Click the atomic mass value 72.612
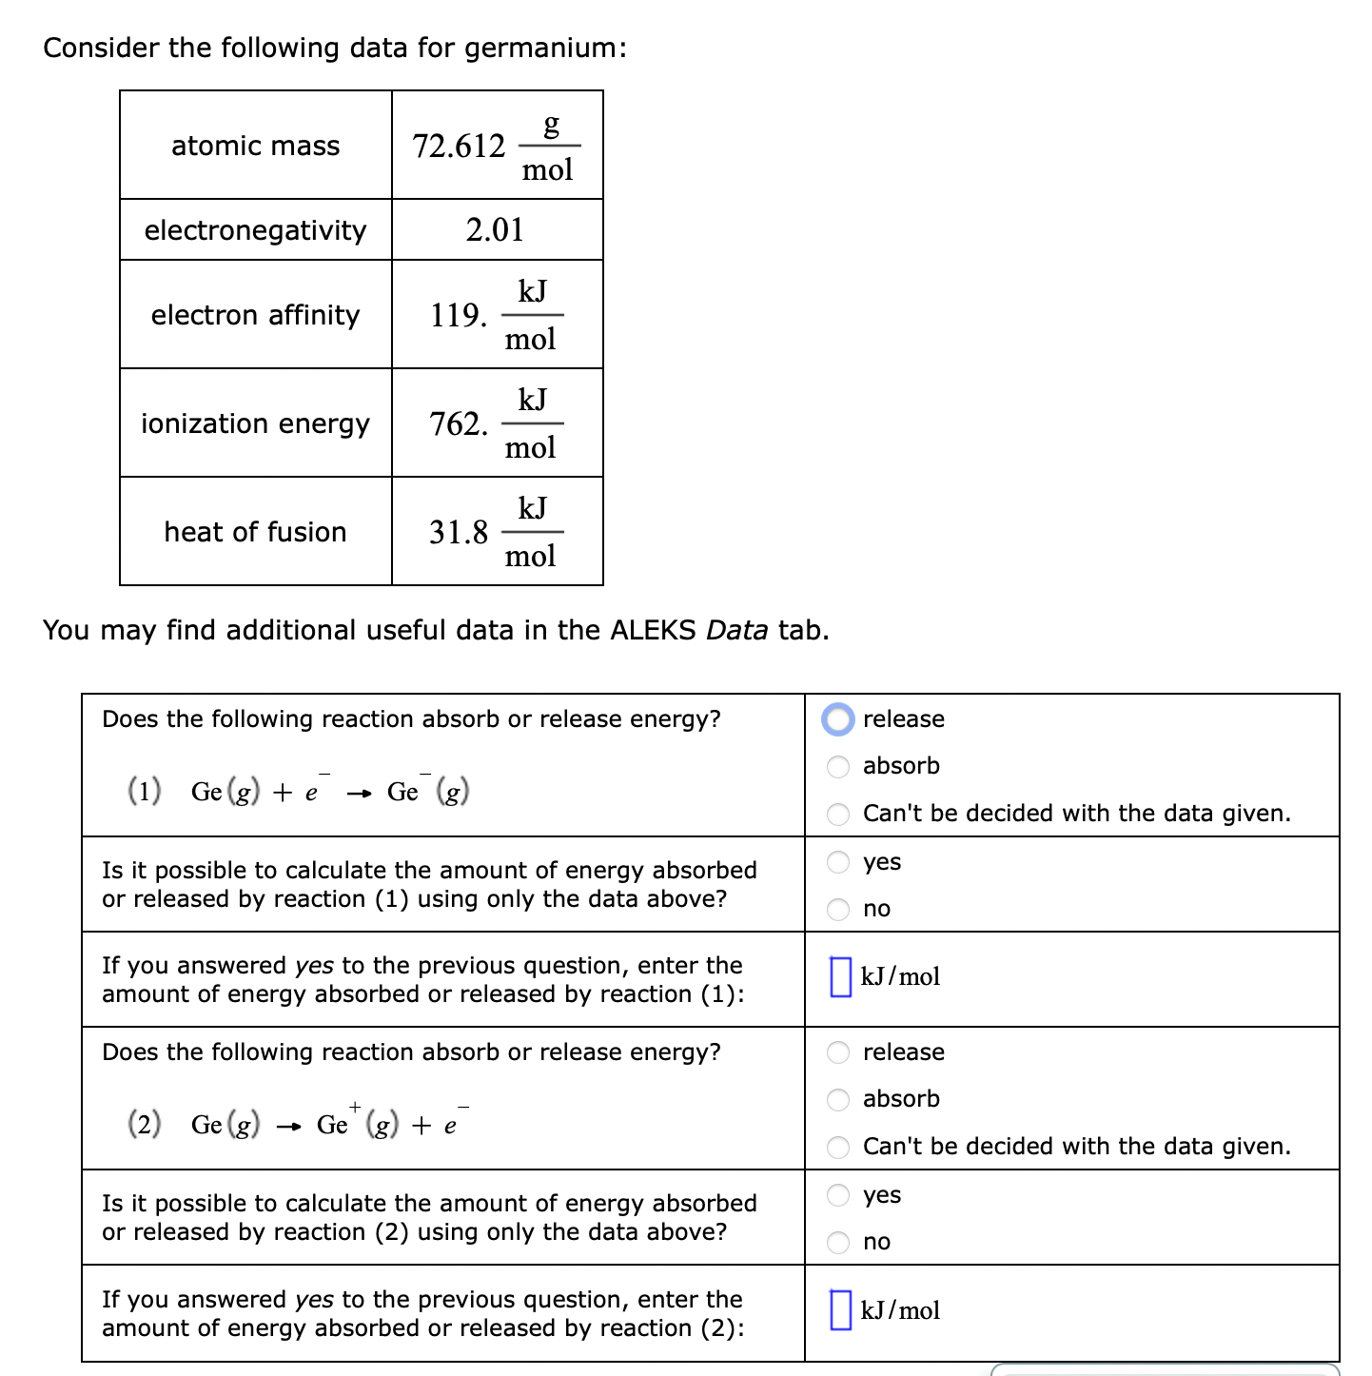pyautogui.click(x=459, y=147)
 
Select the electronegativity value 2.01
pyautogui.click(x=495, y=229)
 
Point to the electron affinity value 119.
pyautogui.click(x=459, y=315)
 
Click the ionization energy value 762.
pyautogui.click(x=459, y=423)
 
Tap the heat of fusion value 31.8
pyautogui.click(x=459, y=532)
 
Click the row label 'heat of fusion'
pyautogui.click(x=255, y=532)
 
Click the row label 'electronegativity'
pyautogui.click(x=255, y=230)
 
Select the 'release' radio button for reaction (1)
pyautogui.click(x=838, y=719)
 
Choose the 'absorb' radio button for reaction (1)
pyautogui.click(x=838, y=766)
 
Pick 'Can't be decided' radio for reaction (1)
pyautogui.click(x=838, y=814)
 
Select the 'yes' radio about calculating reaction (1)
pyautogui.click(x=838, y=862)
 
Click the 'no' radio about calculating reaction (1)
pyautogui.click(x=838, y=909)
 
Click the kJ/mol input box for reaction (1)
pyautogui.click(x=841, y=976)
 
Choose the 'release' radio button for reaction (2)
pyautogui.click(x=838, y=1052)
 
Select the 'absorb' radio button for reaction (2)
pyautogui.click(x=838, y=1099)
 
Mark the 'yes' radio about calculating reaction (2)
pyautogui.click(x=838, y=1195)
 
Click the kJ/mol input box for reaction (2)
pyautogui.click(x=841, y=1310)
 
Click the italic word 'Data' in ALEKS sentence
pyautogui.click(x=736, y=630)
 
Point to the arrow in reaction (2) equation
pyautogui.click(x=288, y=1127)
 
